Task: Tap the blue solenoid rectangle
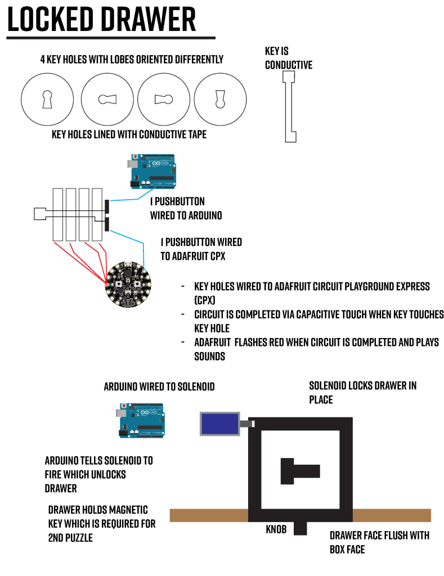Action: point(219,423)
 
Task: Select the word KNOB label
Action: point(276,529)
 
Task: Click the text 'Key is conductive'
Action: point(288,58)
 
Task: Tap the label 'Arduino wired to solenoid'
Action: point(159,387)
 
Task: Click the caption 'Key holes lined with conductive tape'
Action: point(129,134)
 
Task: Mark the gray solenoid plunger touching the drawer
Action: point(246,424)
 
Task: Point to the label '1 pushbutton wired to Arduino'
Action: point(185,208)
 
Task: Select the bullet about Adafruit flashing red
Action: point(315,349)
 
